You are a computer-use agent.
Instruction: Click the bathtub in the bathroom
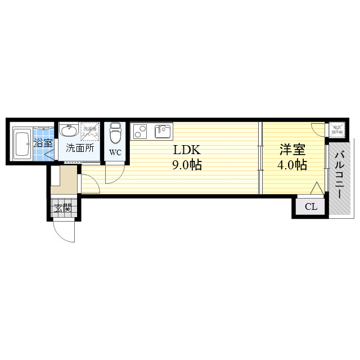(x=23, y=143)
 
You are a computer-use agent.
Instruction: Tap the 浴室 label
(x=43, y=143)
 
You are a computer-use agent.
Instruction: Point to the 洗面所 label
(x=80, y=149)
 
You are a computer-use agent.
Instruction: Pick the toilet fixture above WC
(x=115, y=133)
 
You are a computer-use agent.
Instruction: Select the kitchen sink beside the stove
(x=163, y=132)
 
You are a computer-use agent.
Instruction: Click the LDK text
(x=187, y=150)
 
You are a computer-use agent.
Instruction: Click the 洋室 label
(x=292, y=150)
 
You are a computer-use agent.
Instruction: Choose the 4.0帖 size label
(x=292, y=165)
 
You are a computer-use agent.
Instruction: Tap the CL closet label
(x=310, y=207)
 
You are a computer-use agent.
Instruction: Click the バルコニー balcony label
(x=340, y=174)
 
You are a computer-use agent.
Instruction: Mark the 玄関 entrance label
(x=63, y=209)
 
